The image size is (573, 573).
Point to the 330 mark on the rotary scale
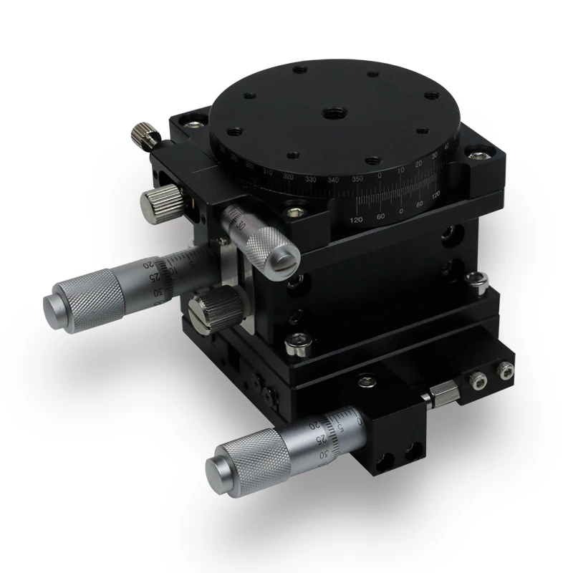(311, 179)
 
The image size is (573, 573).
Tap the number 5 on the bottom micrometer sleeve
(349, 429)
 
